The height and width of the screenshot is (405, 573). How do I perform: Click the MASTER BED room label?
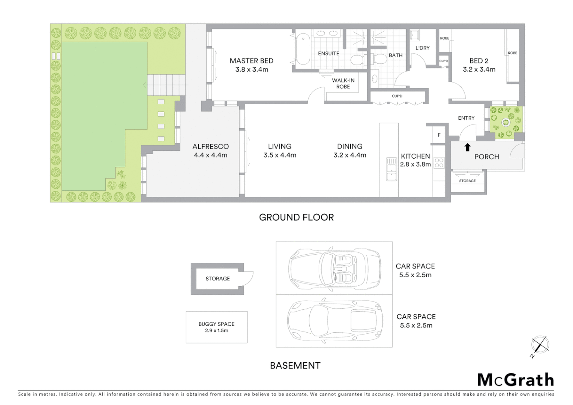251,61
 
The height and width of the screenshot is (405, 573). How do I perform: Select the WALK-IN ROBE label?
343,83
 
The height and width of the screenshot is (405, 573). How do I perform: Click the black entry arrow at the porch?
467,147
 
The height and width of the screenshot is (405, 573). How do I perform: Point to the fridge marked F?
439,135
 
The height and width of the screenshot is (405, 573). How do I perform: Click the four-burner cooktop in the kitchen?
439,163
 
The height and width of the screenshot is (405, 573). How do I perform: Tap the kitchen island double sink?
391,169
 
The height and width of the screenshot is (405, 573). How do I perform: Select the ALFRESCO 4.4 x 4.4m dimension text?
210,155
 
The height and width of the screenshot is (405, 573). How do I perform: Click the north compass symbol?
540,345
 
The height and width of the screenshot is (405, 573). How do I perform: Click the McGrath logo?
515,380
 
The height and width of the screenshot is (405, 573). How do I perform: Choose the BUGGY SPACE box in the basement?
216,327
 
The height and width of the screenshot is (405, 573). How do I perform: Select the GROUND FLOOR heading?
296,217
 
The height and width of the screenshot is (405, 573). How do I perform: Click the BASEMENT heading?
295,366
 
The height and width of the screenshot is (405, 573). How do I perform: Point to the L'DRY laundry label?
422,48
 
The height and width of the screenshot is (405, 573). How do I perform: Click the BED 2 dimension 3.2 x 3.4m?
479,69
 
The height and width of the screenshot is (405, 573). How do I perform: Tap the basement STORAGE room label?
217,279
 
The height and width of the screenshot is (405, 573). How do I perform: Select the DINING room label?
349,147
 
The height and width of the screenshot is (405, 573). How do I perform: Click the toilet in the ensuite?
356,59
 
